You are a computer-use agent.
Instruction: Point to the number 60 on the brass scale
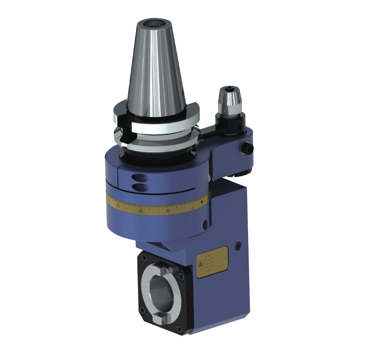pos(141,211)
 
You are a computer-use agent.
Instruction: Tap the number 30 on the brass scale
pos(167,211)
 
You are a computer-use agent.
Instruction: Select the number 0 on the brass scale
pos(192,207)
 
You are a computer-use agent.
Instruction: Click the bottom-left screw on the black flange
pos(142,310)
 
